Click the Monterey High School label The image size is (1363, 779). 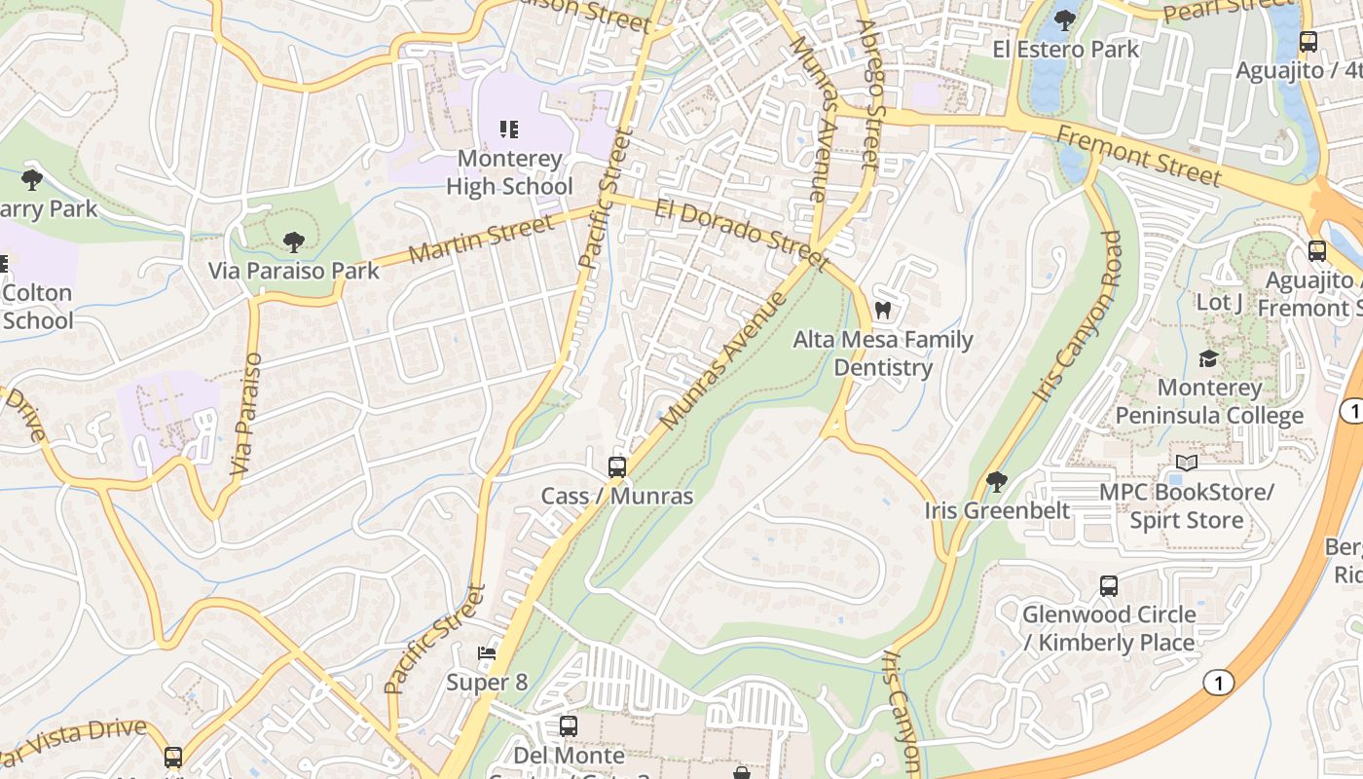tap(508, 172)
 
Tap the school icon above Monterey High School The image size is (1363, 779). tap(508, 129)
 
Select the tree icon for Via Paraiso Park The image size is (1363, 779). tap(293, 242)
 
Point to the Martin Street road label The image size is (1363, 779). tap(481, 240)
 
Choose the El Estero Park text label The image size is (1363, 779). tap(1065, 49)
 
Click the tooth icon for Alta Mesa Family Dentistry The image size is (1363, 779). tap(883, 311)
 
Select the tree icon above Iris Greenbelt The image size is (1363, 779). tap(996, 481)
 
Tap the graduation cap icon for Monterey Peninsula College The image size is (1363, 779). tap(1208, 358)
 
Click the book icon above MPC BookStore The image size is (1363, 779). tap(1186, 463)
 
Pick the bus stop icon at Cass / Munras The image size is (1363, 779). tap(616, 466)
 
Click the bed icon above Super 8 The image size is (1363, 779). tap(487, 652)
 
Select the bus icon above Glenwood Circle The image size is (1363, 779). tap(1108, 585)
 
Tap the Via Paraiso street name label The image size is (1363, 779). tap(247, 414)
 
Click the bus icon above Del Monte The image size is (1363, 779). tap(568, 725)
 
